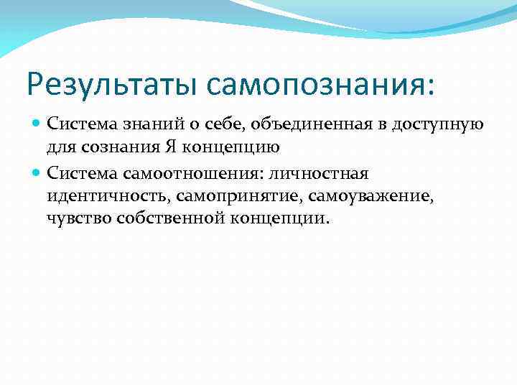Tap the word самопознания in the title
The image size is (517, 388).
click(x=320, y=83)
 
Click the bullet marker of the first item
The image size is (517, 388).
click(x=37, y=124)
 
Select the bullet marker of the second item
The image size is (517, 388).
click(x=37, y=172)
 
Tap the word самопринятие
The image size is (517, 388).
click(x=218, y=197)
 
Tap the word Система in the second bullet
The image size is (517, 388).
click(x=78, y=173)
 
